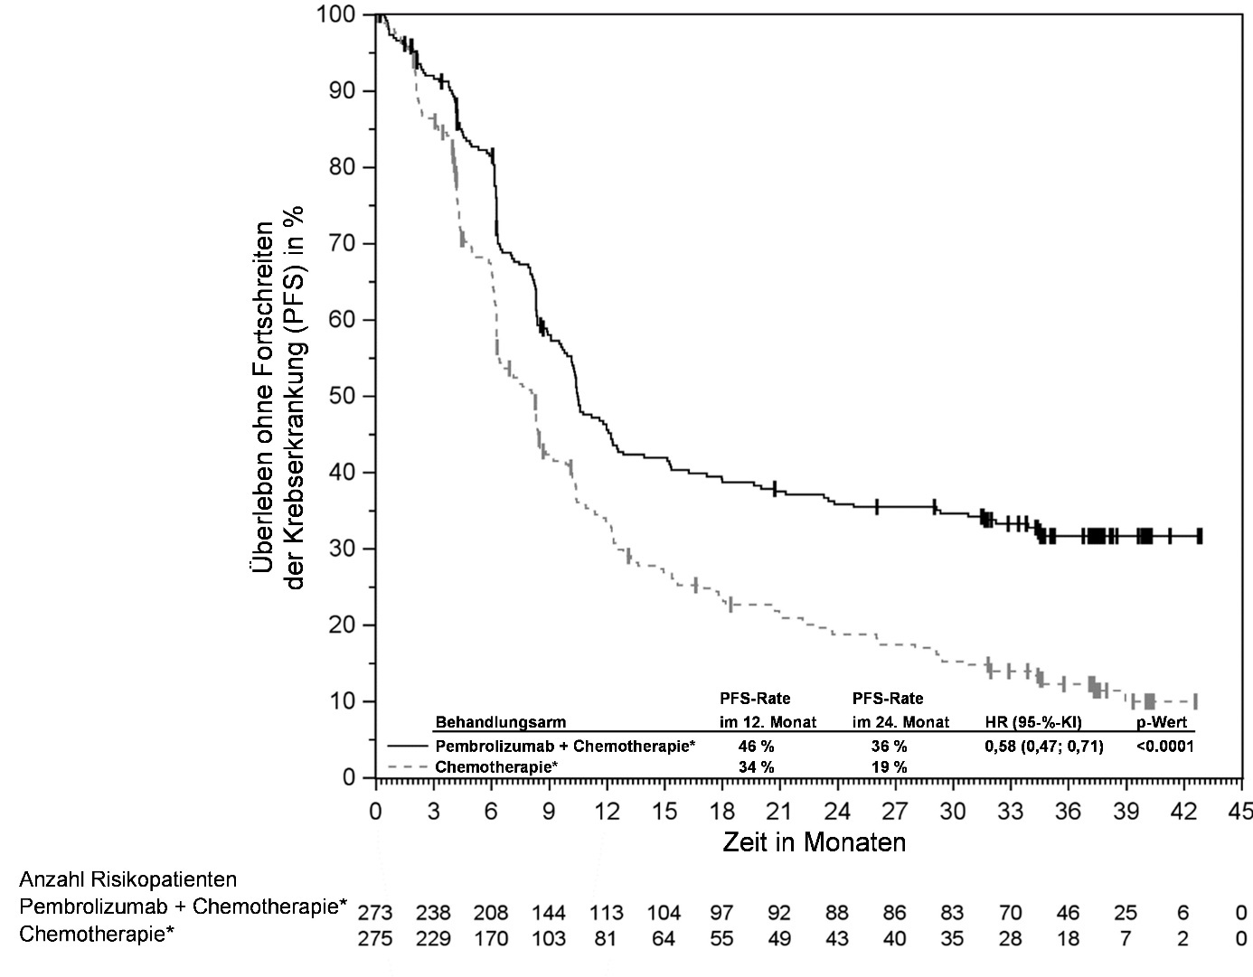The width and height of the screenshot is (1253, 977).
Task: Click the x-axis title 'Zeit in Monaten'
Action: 814,842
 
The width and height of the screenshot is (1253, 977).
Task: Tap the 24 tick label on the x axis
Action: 837,812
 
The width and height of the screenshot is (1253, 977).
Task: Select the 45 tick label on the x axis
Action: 1241,812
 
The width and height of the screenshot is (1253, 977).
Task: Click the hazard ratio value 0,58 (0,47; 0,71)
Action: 1043,747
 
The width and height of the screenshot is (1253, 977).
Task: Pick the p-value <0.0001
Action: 1164,747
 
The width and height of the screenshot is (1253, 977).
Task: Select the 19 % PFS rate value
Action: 890,766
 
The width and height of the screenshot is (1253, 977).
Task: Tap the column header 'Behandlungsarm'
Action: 501,722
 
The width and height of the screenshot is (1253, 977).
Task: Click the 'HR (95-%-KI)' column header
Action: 1033,722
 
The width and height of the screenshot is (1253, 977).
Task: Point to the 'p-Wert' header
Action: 1161,722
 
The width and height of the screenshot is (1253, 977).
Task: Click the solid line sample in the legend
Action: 409,747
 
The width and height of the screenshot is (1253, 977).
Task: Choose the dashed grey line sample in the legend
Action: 409,766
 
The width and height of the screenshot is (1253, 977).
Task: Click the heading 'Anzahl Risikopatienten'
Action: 128,879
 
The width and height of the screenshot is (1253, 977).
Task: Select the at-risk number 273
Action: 375,913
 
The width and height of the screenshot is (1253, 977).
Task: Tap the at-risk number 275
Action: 375,939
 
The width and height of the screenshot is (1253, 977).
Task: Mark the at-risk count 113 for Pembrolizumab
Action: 606,913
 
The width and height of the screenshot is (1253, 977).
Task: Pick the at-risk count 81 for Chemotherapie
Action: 606,939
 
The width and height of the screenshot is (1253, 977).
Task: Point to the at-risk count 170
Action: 491,939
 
